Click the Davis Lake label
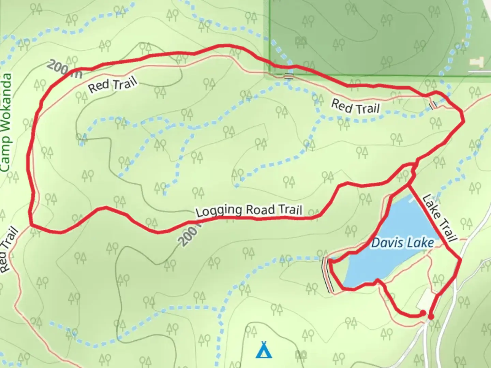click(402, 243)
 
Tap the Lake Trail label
click(439, 218)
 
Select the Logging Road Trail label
click(249, 211)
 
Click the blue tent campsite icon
click(264, 350)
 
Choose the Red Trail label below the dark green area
click(355, 107)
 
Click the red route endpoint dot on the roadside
click(431, 317)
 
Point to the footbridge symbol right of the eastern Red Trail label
click(433, 105)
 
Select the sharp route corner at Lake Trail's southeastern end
click(461, 260)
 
